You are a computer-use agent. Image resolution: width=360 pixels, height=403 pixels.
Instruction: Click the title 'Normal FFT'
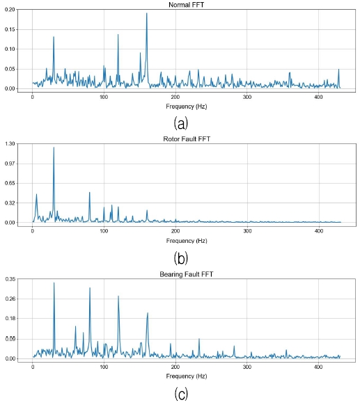[186, 5]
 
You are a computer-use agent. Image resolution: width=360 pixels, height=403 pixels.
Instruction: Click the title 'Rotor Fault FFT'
[186, 139]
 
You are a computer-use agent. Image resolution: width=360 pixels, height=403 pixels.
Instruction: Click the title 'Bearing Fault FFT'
[186, 274]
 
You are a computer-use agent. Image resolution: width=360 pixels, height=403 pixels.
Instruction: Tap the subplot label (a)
[181, 123]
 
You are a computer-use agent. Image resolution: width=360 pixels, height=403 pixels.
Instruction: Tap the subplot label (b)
[181, 259]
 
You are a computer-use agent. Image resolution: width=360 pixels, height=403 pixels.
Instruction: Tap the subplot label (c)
[181, 394]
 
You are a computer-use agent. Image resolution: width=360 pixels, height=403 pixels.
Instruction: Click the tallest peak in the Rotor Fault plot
[54, 148]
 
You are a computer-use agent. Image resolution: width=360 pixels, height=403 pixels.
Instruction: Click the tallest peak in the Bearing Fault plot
[54, 283]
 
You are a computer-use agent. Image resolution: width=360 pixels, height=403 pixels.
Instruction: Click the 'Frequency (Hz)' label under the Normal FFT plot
[186, 106]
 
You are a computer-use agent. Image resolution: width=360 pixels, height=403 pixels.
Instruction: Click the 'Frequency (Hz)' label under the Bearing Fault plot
[186, 376]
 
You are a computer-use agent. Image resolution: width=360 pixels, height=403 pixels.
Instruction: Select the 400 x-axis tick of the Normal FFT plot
[318, 97]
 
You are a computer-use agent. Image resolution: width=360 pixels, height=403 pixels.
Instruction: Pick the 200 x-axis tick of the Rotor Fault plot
[175, 231]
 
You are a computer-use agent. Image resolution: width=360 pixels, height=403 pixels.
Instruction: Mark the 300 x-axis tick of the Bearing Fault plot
[246, 367]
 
